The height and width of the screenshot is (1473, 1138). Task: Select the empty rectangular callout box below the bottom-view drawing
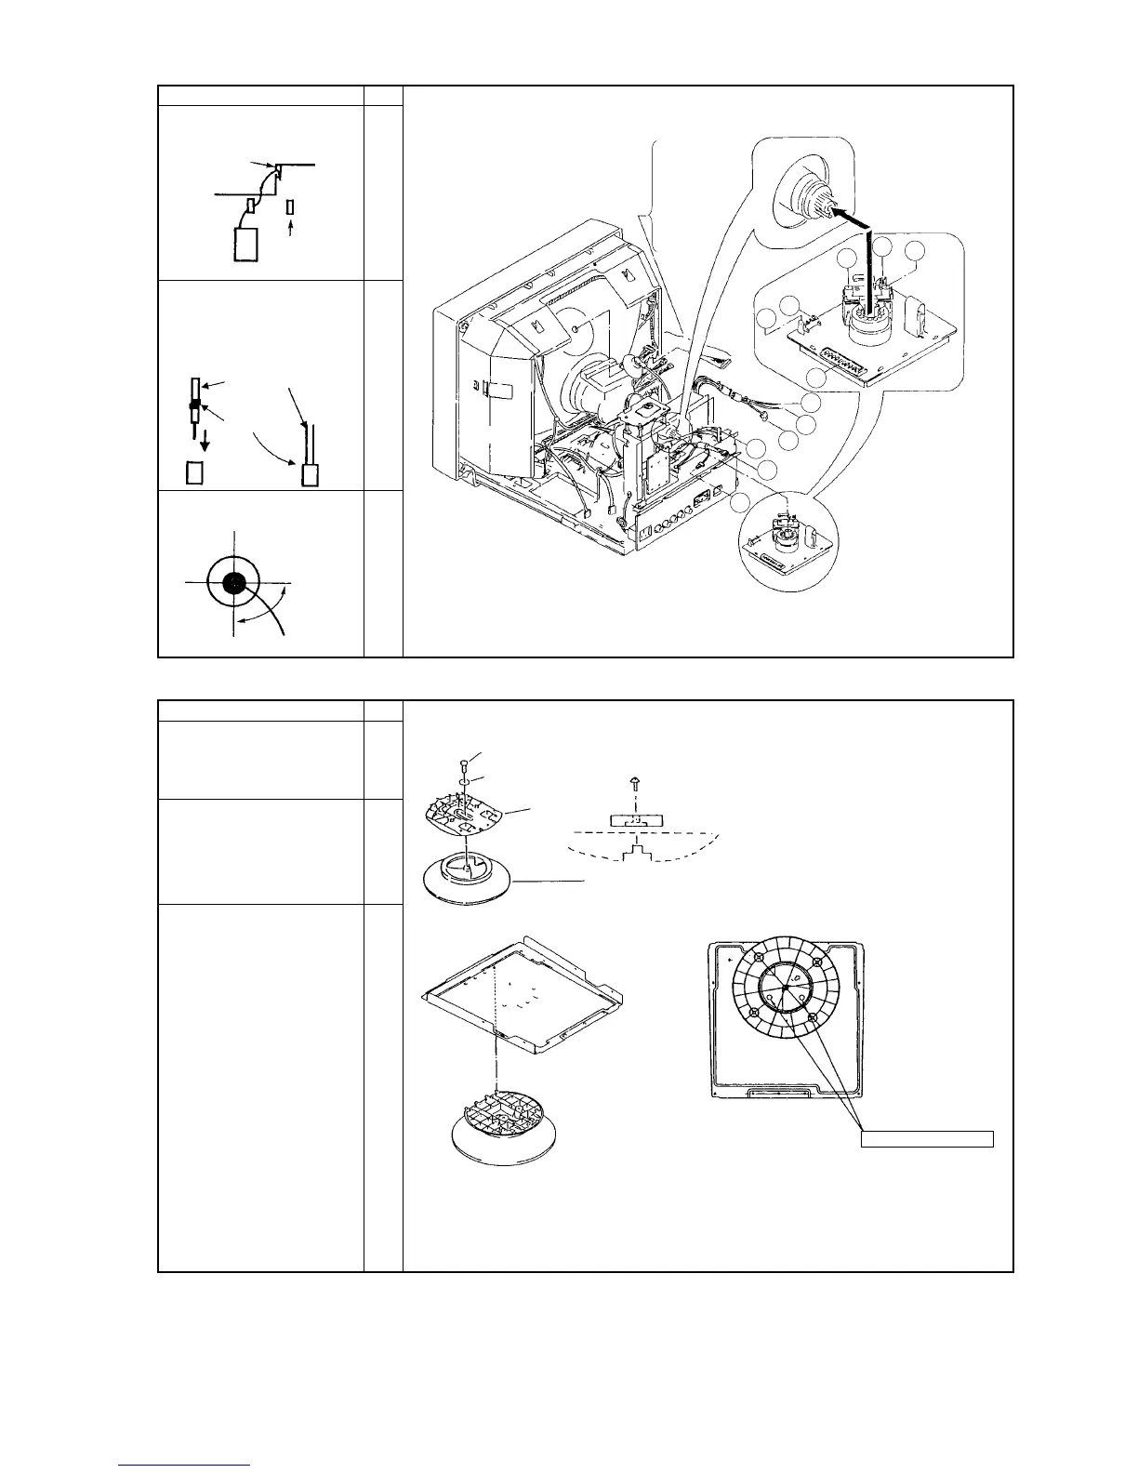click(927, 1138)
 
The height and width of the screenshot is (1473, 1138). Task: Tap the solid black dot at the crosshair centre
click(233, 583)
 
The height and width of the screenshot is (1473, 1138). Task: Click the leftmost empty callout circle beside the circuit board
click(767, 321)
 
